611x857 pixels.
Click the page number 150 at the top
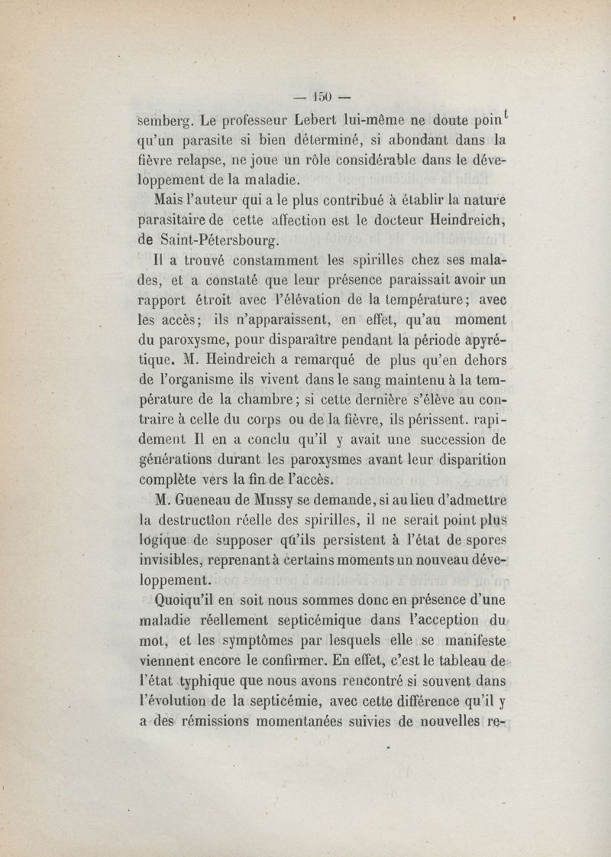322,96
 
